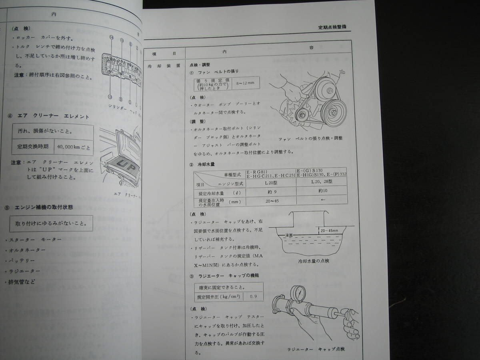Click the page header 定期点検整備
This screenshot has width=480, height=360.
point(332,27)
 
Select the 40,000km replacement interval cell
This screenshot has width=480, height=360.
point(74,146)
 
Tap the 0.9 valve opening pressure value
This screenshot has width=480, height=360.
point(253,297)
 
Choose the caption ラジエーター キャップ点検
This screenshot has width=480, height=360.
point(316,349)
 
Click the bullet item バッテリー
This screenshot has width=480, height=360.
point(24,260)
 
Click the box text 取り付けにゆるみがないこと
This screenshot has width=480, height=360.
point(51,223)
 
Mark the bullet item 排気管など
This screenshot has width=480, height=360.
point(24,281)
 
